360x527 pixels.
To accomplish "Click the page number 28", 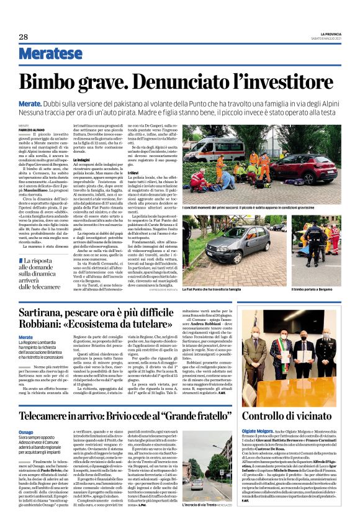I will [x=23, y=37].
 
